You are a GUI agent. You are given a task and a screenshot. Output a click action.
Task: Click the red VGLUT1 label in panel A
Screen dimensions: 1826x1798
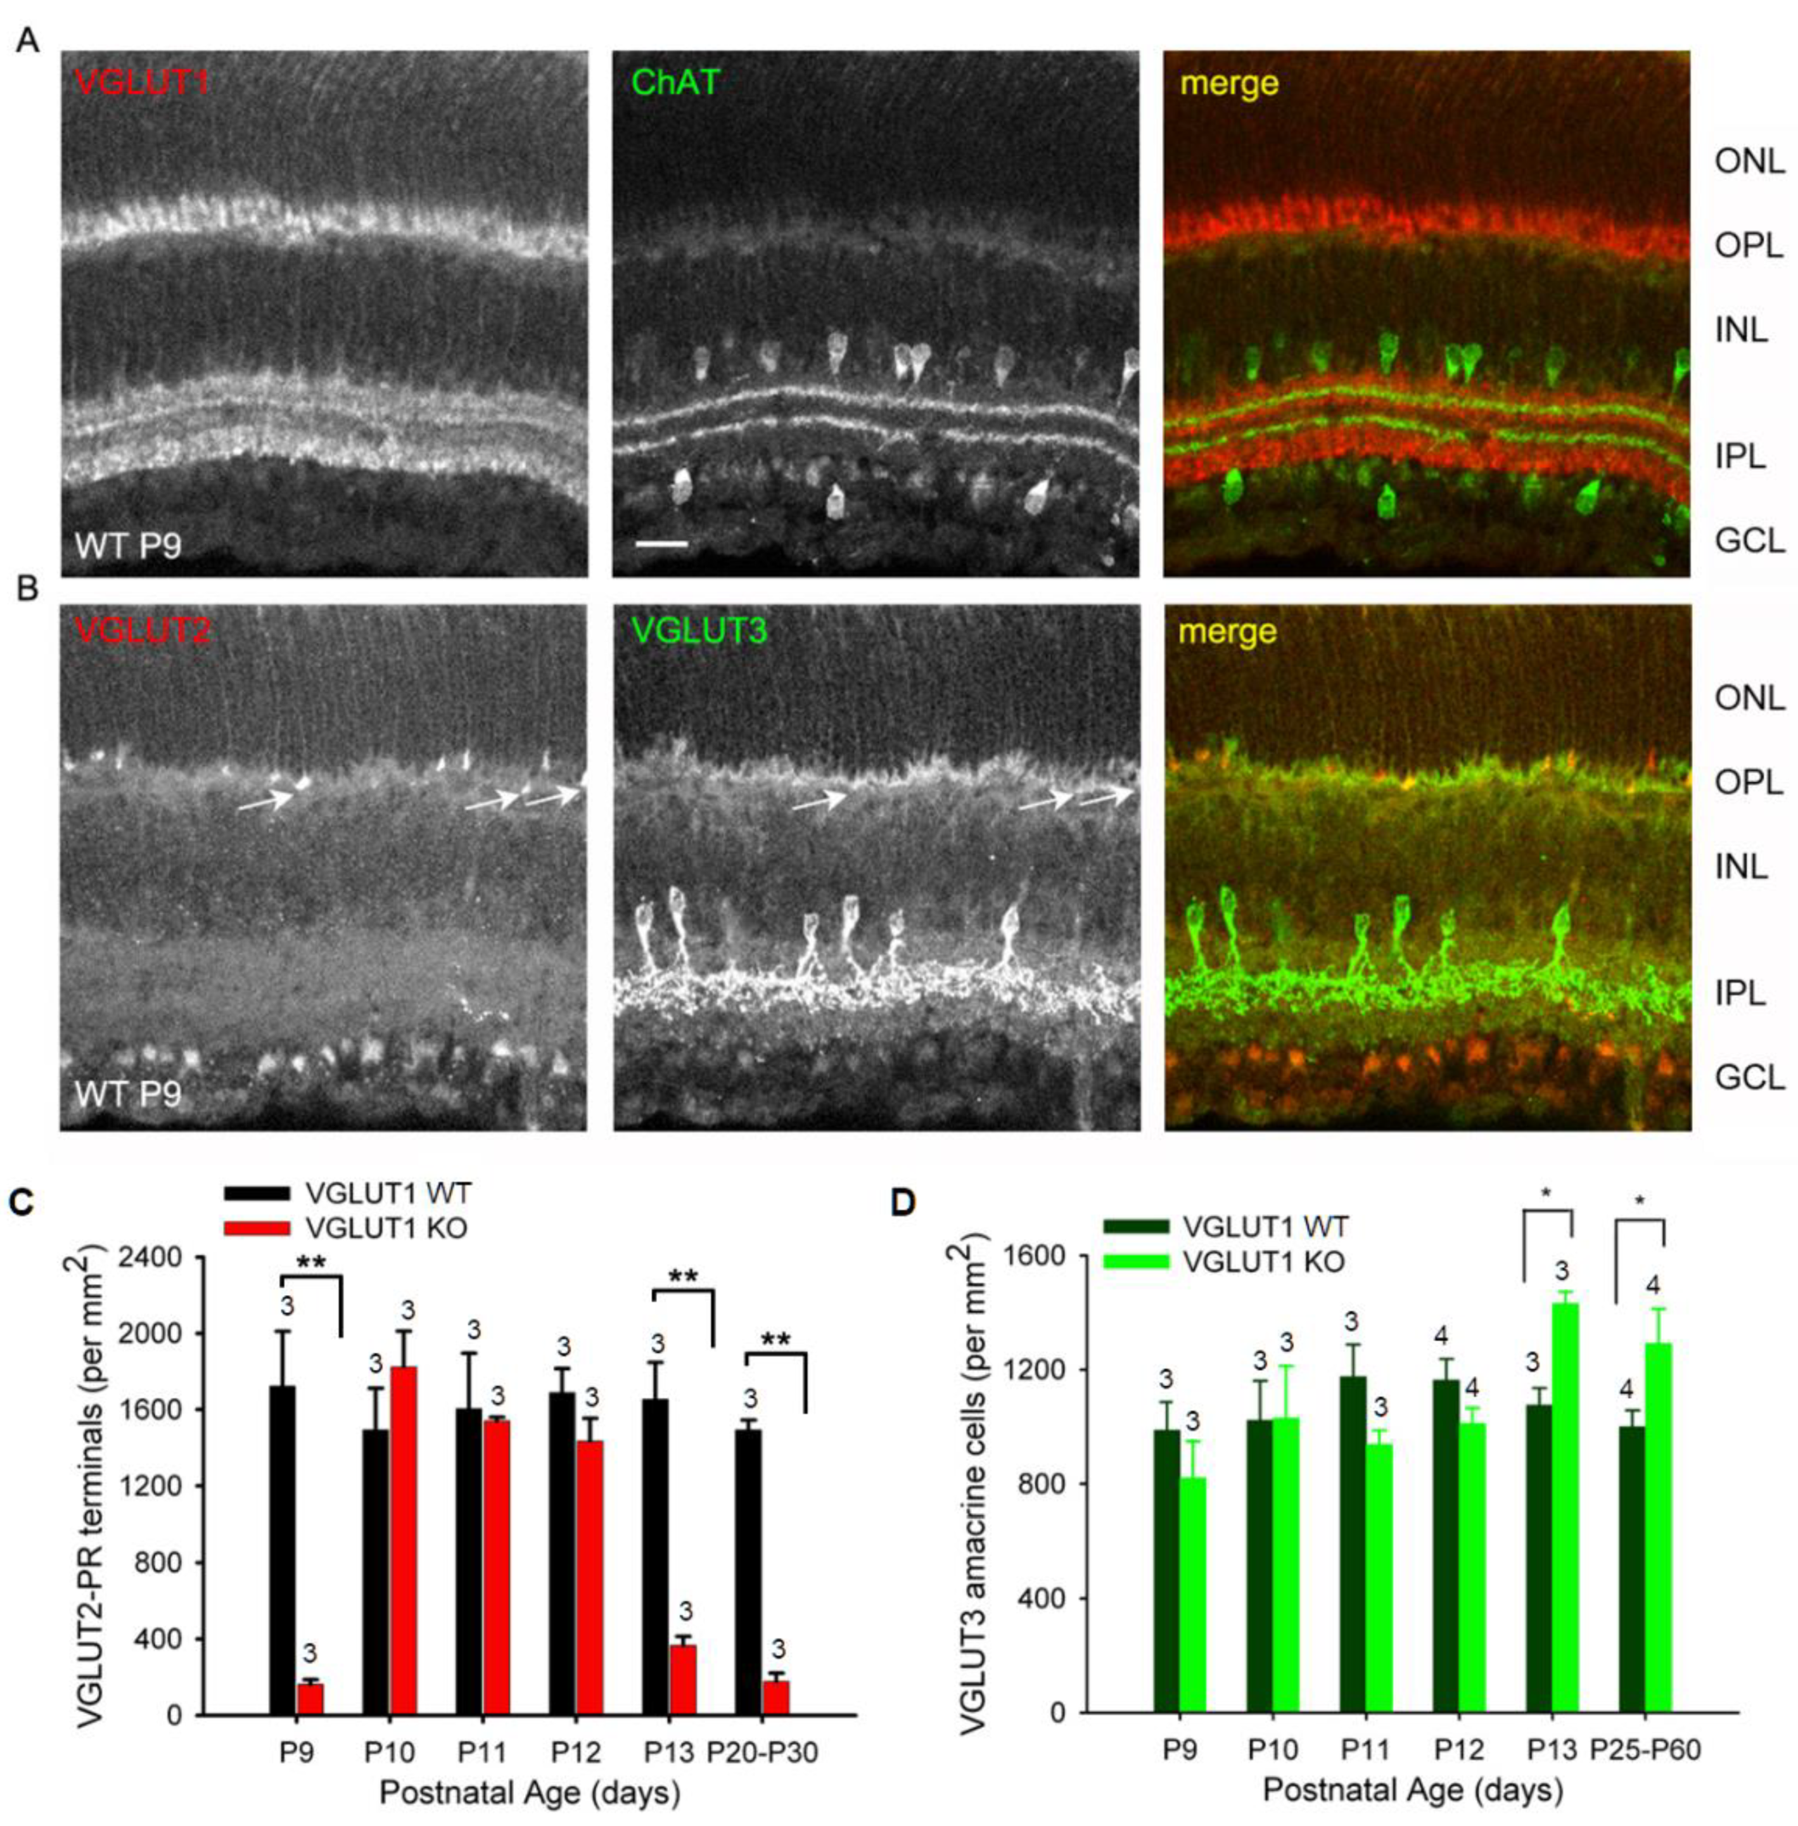[142, 83]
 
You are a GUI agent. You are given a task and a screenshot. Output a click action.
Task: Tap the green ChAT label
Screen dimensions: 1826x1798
[675, 83]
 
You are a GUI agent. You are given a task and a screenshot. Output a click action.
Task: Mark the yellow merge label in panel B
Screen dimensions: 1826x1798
[1228, 630]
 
